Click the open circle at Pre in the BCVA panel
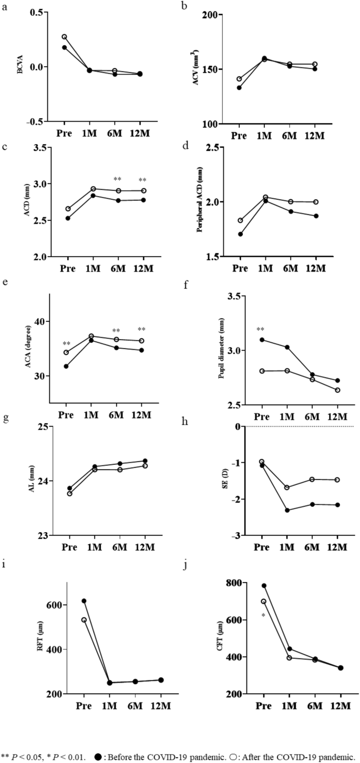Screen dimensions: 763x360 click(x=64, y=37)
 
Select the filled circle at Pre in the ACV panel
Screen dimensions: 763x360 click(x=239, y=88)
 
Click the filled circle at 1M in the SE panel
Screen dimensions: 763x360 click(x=287, y=510)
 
